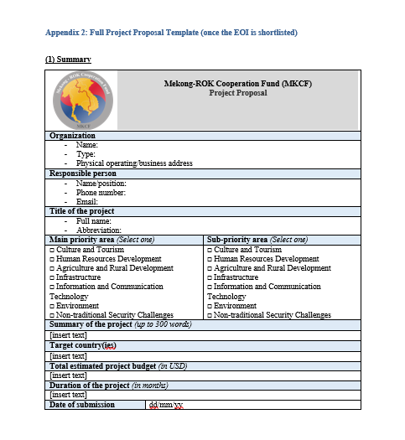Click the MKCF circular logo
coord(82,100)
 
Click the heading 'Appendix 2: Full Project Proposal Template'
coord(171,33)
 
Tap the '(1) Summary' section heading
coord(68,60)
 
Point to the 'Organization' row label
coord(72,136)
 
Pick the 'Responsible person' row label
coord(83,173)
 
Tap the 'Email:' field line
coord(87,201)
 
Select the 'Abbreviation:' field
coord(99,230)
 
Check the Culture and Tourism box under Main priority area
coord(53,250)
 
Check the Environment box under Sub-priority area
coord(210,306)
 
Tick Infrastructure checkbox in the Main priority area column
coord(53,277)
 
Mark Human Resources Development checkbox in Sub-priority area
coord(210,259)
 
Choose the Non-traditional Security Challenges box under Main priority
coord(53,315)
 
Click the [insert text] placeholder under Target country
coord(68,355)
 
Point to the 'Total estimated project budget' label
coord(117,365)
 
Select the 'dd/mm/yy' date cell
coord(166,405)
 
